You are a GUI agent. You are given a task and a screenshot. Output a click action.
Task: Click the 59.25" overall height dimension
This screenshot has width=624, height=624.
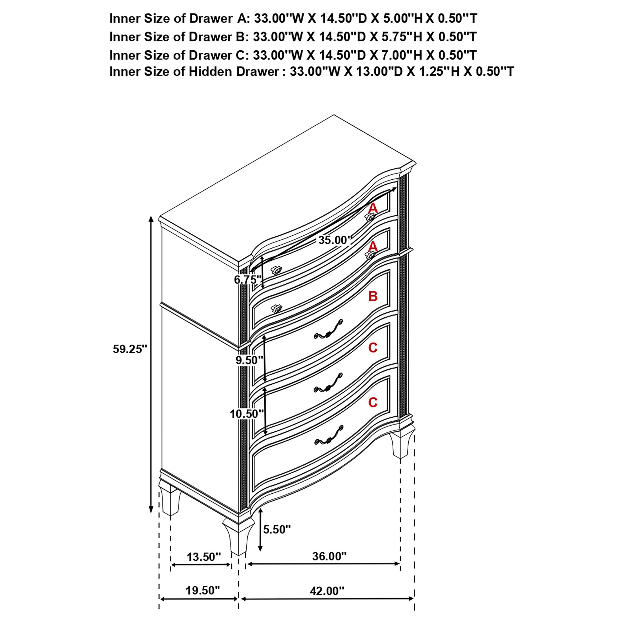[130, 349]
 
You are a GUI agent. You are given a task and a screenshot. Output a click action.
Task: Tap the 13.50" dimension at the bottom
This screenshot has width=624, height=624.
[204, 557]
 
